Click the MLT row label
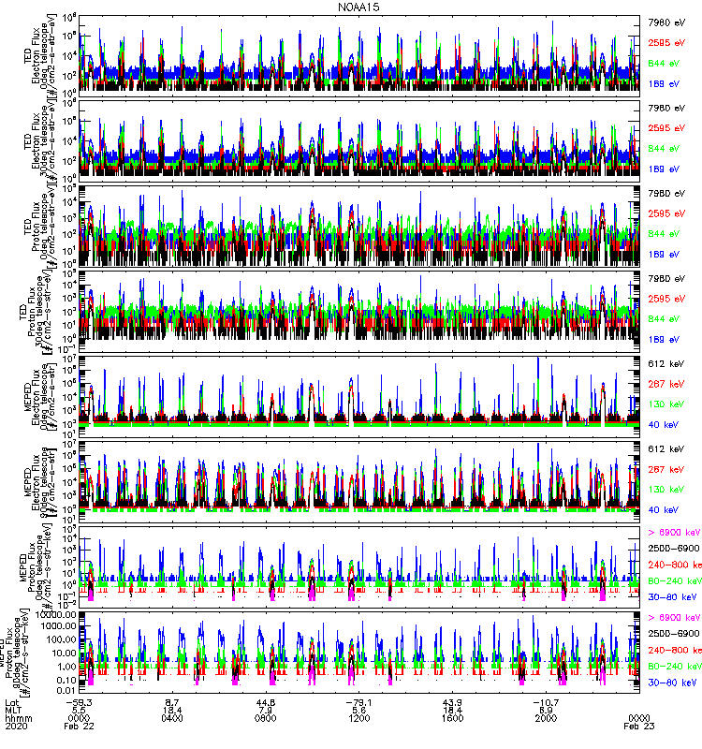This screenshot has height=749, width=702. pos(13,709)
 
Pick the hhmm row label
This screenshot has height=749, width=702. pos(17,717)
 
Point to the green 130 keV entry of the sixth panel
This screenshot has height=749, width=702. pos(665,490)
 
